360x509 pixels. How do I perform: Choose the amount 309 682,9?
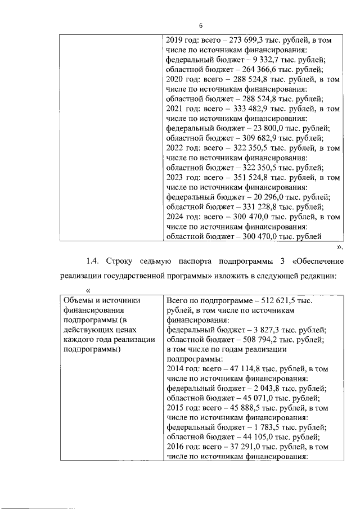[x=245, y=138]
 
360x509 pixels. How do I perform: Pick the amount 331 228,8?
[x=245, y=206]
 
